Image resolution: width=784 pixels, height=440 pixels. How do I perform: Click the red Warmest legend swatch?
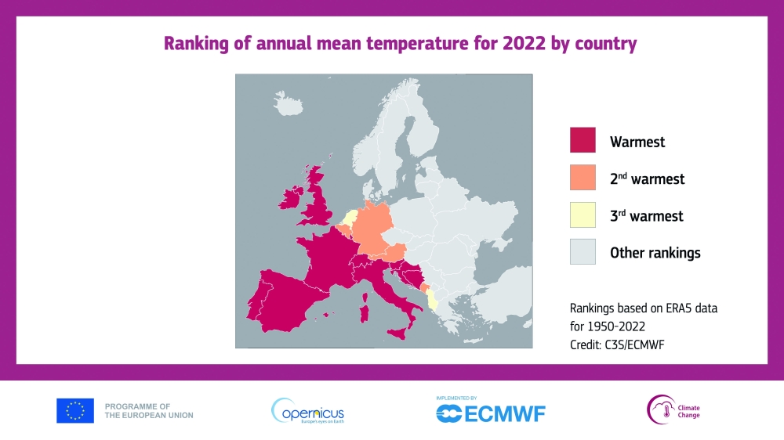(583, 140)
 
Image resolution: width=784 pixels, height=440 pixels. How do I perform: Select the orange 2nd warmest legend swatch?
(583, 177)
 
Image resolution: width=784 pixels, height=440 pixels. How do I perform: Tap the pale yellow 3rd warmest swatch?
(583, 215)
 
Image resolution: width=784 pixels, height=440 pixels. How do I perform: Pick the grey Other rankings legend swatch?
(583, 251)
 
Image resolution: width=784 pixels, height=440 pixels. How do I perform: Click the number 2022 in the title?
(524, 43)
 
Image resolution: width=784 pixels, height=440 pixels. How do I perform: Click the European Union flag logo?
(75, 410)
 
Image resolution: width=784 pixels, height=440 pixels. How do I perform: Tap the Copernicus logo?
(307, 411)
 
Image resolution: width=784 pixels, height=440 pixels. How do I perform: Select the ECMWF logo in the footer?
(491, 411)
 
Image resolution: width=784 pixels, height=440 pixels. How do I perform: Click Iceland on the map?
(288, 103)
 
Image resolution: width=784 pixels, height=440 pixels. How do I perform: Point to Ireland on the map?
(292, 197)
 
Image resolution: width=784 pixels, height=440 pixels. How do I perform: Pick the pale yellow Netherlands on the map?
(350, 218)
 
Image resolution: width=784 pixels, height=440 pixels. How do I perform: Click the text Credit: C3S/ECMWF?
(617, 344)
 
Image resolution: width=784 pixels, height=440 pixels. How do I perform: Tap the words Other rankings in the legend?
(655, 253)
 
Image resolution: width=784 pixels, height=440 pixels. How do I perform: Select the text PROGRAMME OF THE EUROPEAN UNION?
(149, 410)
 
